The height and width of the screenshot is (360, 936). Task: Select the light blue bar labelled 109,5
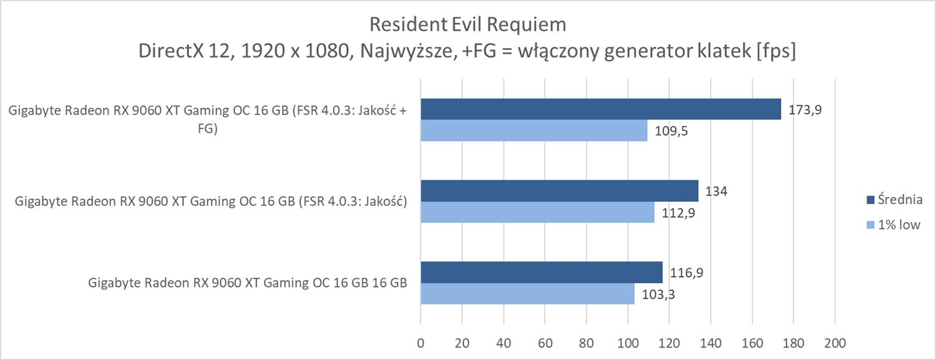(x=534, y=130)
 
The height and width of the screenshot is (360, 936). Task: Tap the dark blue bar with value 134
(x=559, y=191)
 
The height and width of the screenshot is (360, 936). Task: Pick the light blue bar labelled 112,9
(x=537, y=212)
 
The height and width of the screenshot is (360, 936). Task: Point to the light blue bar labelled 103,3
(x=527, y=293)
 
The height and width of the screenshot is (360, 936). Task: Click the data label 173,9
(x=805, y=110)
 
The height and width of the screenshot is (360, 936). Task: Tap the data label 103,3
(x=658, y=294)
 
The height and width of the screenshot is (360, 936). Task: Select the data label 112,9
(x=678, y=213)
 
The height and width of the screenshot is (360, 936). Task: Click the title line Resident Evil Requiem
(x=467, y=24)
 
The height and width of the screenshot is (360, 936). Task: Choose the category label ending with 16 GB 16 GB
(x=248, y=283)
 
